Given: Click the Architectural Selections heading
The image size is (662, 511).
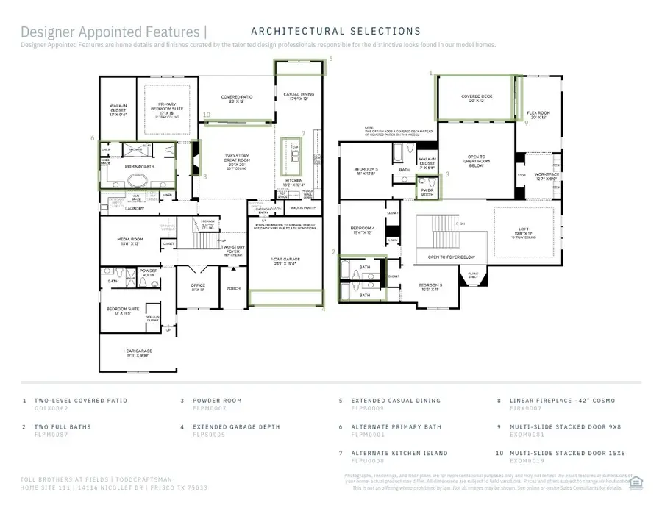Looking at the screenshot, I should [x=335, y=31].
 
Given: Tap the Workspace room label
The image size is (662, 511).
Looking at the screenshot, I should [x=547, y=176].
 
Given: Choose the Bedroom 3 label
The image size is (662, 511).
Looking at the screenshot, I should [x=430, y=287].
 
